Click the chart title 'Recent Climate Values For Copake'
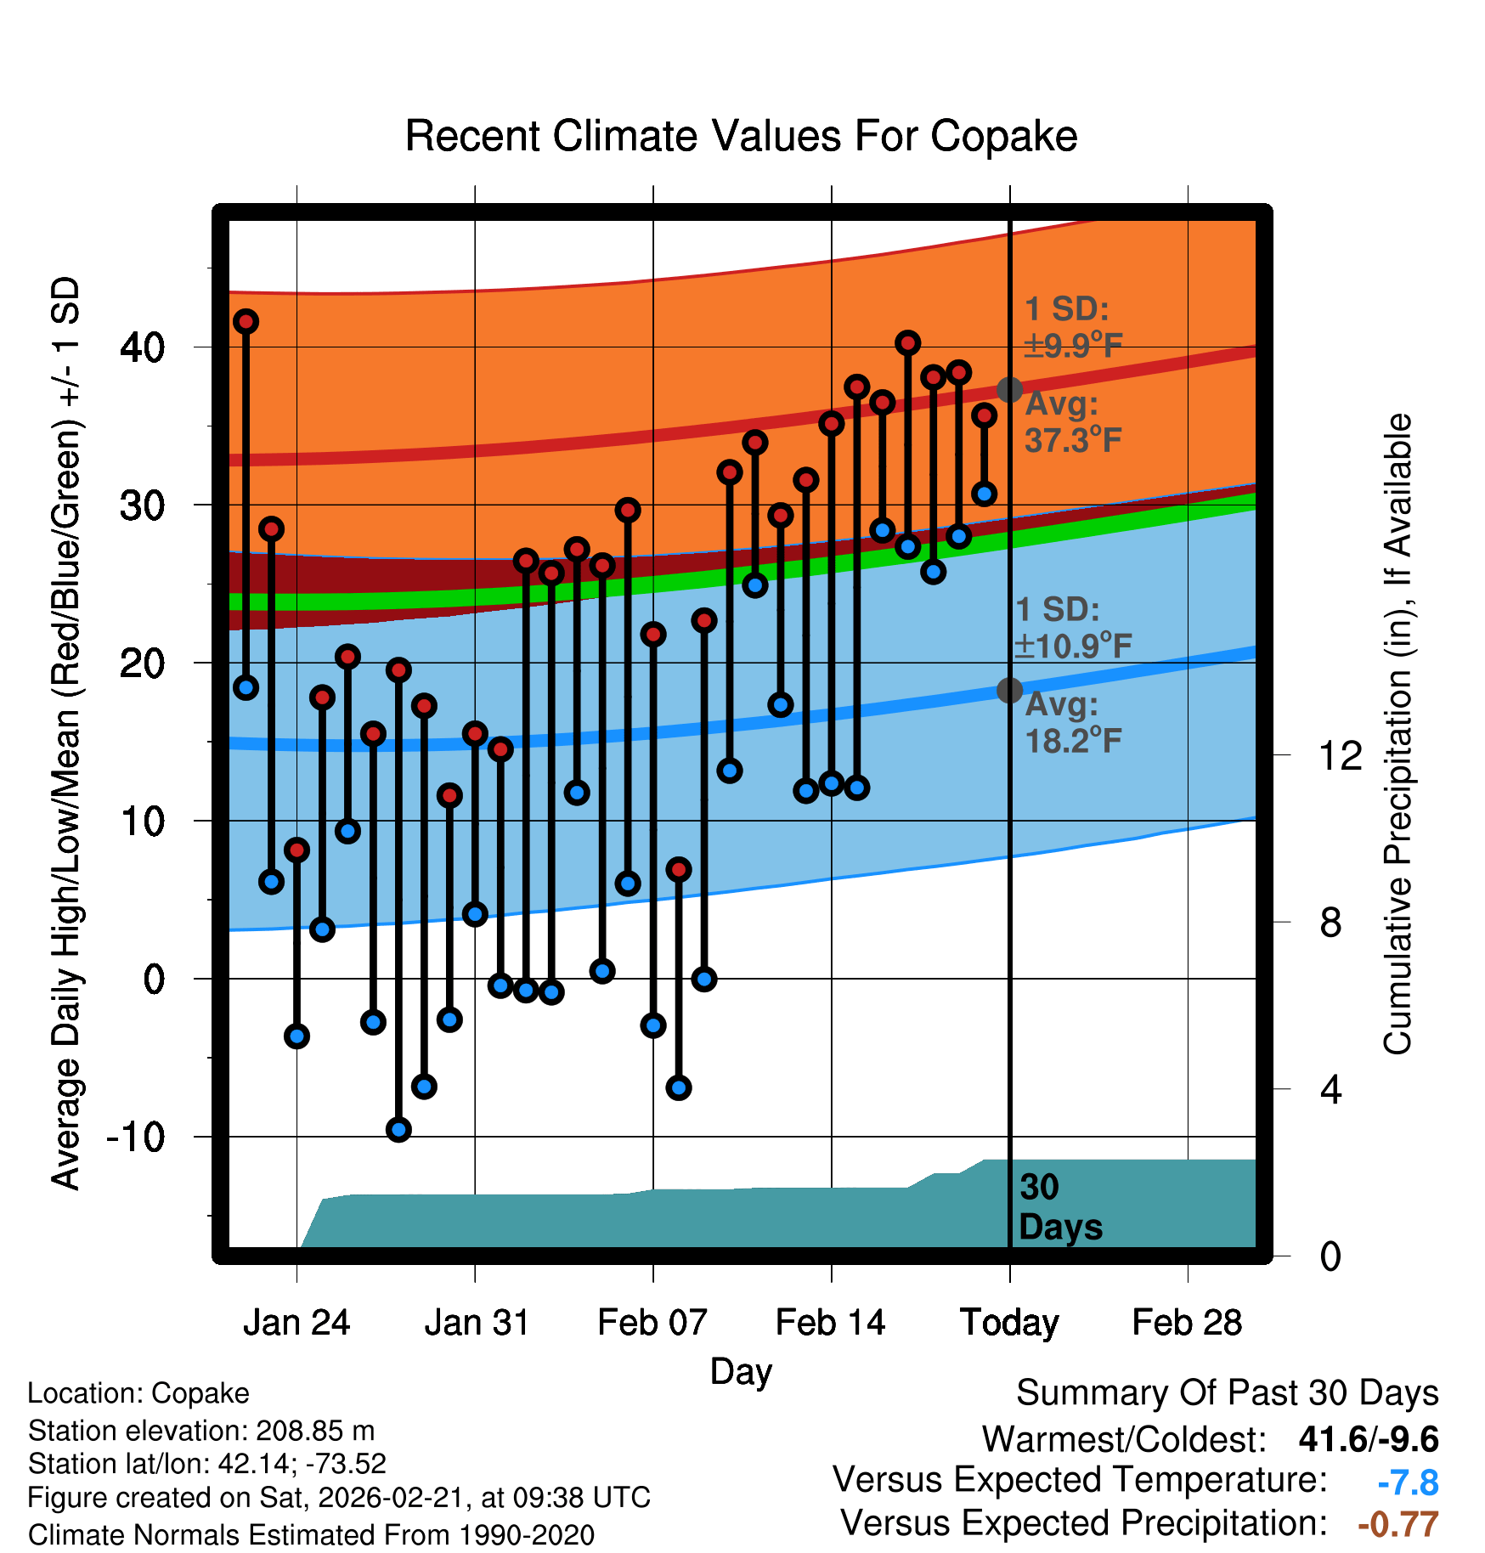click(741, 136)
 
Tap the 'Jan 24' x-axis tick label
click(296, 1323)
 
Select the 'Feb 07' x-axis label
click(652, 1323)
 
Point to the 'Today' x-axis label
click(1009, 1323)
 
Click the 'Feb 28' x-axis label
click(1187, 1323)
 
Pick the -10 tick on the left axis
click(136, 1137)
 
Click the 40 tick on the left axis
click(143, 347)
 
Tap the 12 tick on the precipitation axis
click(1340, 755)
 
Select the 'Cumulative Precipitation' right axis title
click(1397, 734)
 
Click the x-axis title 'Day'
click(741, 1371)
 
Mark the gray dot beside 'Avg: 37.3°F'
click(1009, 390)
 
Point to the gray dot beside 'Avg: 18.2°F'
click(1009, 690)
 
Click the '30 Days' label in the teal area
click(1059, 1207)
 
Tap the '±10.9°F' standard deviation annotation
click(1074, 647)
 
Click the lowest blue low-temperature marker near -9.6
click(398, 1129)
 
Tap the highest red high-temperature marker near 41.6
click(246, 321)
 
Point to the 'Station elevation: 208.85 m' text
click(201, 1431)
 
